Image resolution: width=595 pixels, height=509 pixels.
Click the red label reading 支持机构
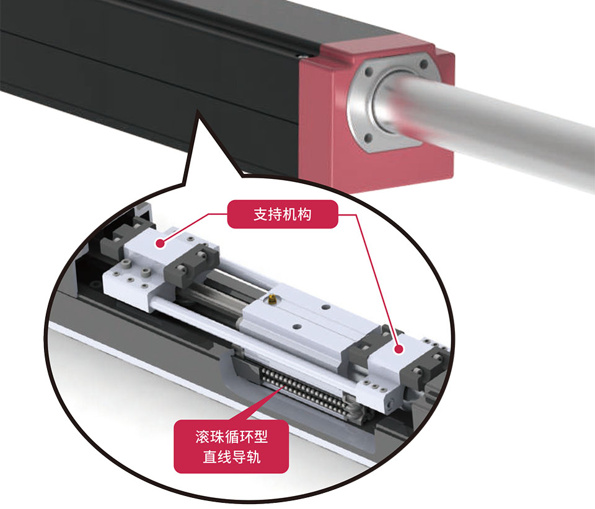[283, 214]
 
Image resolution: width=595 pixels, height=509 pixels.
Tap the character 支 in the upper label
[261, 214]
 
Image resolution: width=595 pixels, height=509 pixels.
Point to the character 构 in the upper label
[304, 214]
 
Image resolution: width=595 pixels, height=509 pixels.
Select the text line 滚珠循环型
[231, 437]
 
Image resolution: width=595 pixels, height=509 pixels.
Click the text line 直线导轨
[231, 457]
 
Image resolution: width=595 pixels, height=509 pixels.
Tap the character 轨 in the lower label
[253, 457]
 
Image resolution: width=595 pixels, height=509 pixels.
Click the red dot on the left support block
[161, 243]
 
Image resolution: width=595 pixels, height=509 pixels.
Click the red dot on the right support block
[399, 349]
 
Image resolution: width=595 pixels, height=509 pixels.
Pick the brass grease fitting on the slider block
[271, 300]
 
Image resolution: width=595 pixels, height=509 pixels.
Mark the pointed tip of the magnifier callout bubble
[197, 110]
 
